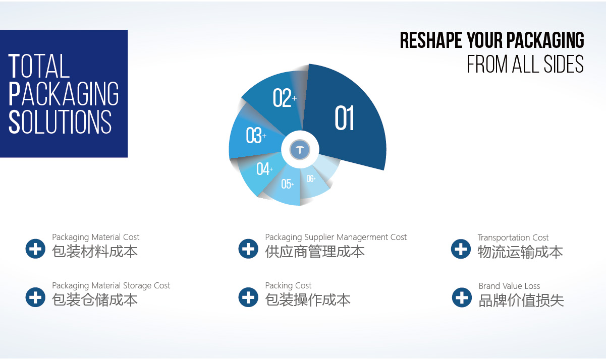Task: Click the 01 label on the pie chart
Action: point(345,118)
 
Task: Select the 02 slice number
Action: point(285,98)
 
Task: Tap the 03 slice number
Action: point(256,135)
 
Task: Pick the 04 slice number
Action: point(264,168)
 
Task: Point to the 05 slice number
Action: point(287,184)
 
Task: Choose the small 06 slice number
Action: point(311,178)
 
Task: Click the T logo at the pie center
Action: point(300,149)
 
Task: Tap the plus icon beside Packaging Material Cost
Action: point(35,249)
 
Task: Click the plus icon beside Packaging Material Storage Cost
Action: point(35,297)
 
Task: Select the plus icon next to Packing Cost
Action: point(248,297)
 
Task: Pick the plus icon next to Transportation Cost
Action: point(461,249)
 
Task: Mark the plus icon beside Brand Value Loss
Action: point(462,297)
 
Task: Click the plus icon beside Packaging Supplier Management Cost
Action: point(248,249)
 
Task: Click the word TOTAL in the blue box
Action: point(39,66)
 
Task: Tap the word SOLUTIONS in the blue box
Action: point(60,122)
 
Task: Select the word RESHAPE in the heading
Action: point(431,40)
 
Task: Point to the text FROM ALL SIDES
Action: point(525,64)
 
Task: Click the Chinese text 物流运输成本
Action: point(520,252)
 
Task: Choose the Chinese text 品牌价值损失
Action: point(521,301)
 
